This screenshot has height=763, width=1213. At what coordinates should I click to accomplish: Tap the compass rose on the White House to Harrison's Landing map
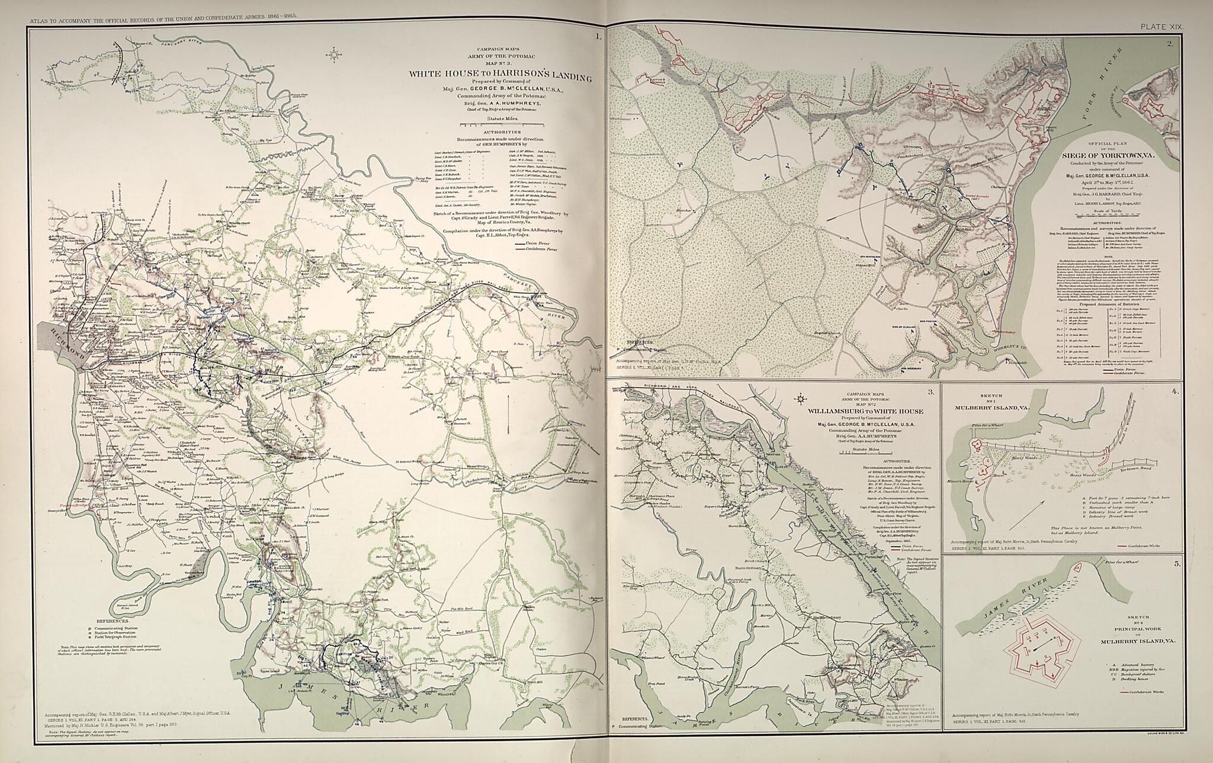pos(336,56)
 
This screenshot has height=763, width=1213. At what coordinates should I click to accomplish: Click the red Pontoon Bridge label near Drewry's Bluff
pos(78,506)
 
